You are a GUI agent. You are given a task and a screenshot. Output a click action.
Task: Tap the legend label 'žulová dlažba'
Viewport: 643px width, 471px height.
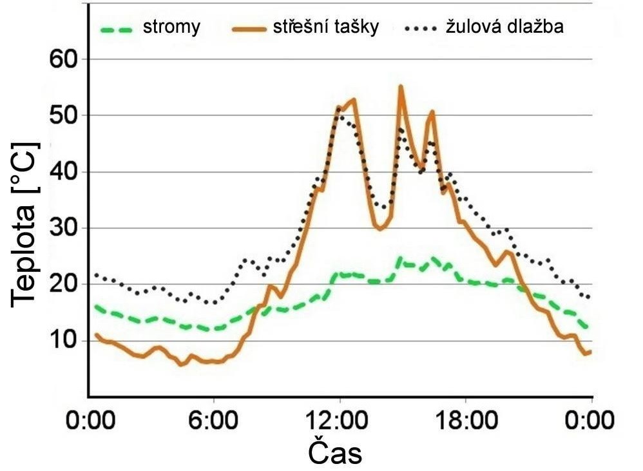click(x=506, y=27)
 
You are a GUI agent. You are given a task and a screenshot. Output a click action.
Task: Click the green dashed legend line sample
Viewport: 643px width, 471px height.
click(x=126, y=28)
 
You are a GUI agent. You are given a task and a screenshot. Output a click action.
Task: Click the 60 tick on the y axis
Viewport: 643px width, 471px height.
click(x=63, y=60)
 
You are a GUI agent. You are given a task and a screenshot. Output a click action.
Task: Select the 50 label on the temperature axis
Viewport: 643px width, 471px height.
click(x=63, y=117)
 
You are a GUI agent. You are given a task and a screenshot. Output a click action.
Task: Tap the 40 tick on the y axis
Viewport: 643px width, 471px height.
click(x=63, y=173)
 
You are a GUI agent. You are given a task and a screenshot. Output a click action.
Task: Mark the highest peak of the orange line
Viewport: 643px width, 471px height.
click(x=400, y=86)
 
